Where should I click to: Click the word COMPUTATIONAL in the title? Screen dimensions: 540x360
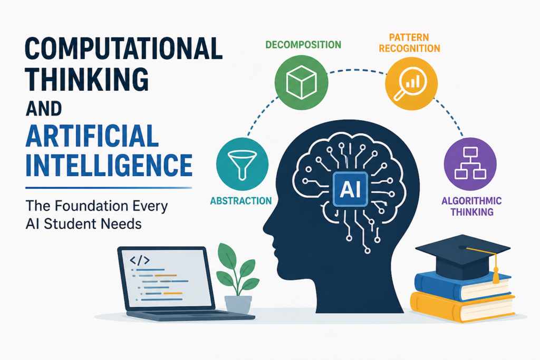pos(123,48)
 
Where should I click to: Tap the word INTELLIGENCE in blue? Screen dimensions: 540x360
pos(109,165)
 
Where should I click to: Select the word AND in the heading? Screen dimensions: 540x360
pos(44,109)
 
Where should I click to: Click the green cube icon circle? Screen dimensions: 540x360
pos(301,82)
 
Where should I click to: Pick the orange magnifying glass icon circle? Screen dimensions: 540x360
pos(411,84)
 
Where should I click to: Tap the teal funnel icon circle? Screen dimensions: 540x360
pos(242,164)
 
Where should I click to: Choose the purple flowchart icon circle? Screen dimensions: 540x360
pos(470,164)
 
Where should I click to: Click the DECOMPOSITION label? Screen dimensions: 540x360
pos(303,45)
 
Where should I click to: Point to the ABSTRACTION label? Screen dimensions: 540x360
pos(241,201)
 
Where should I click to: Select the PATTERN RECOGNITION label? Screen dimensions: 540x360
pos(409,43)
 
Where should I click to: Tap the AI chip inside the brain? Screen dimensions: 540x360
pos(350,189)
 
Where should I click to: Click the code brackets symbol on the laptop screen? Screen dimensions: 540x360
pos(139,260)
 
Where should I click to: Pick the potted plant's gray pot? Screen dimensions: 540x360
pos(238,304)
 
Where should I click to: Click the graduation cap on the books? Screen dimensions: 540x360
pos(462,256)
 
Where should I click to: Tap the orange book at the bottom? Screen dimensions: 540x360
pos(462,307)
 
